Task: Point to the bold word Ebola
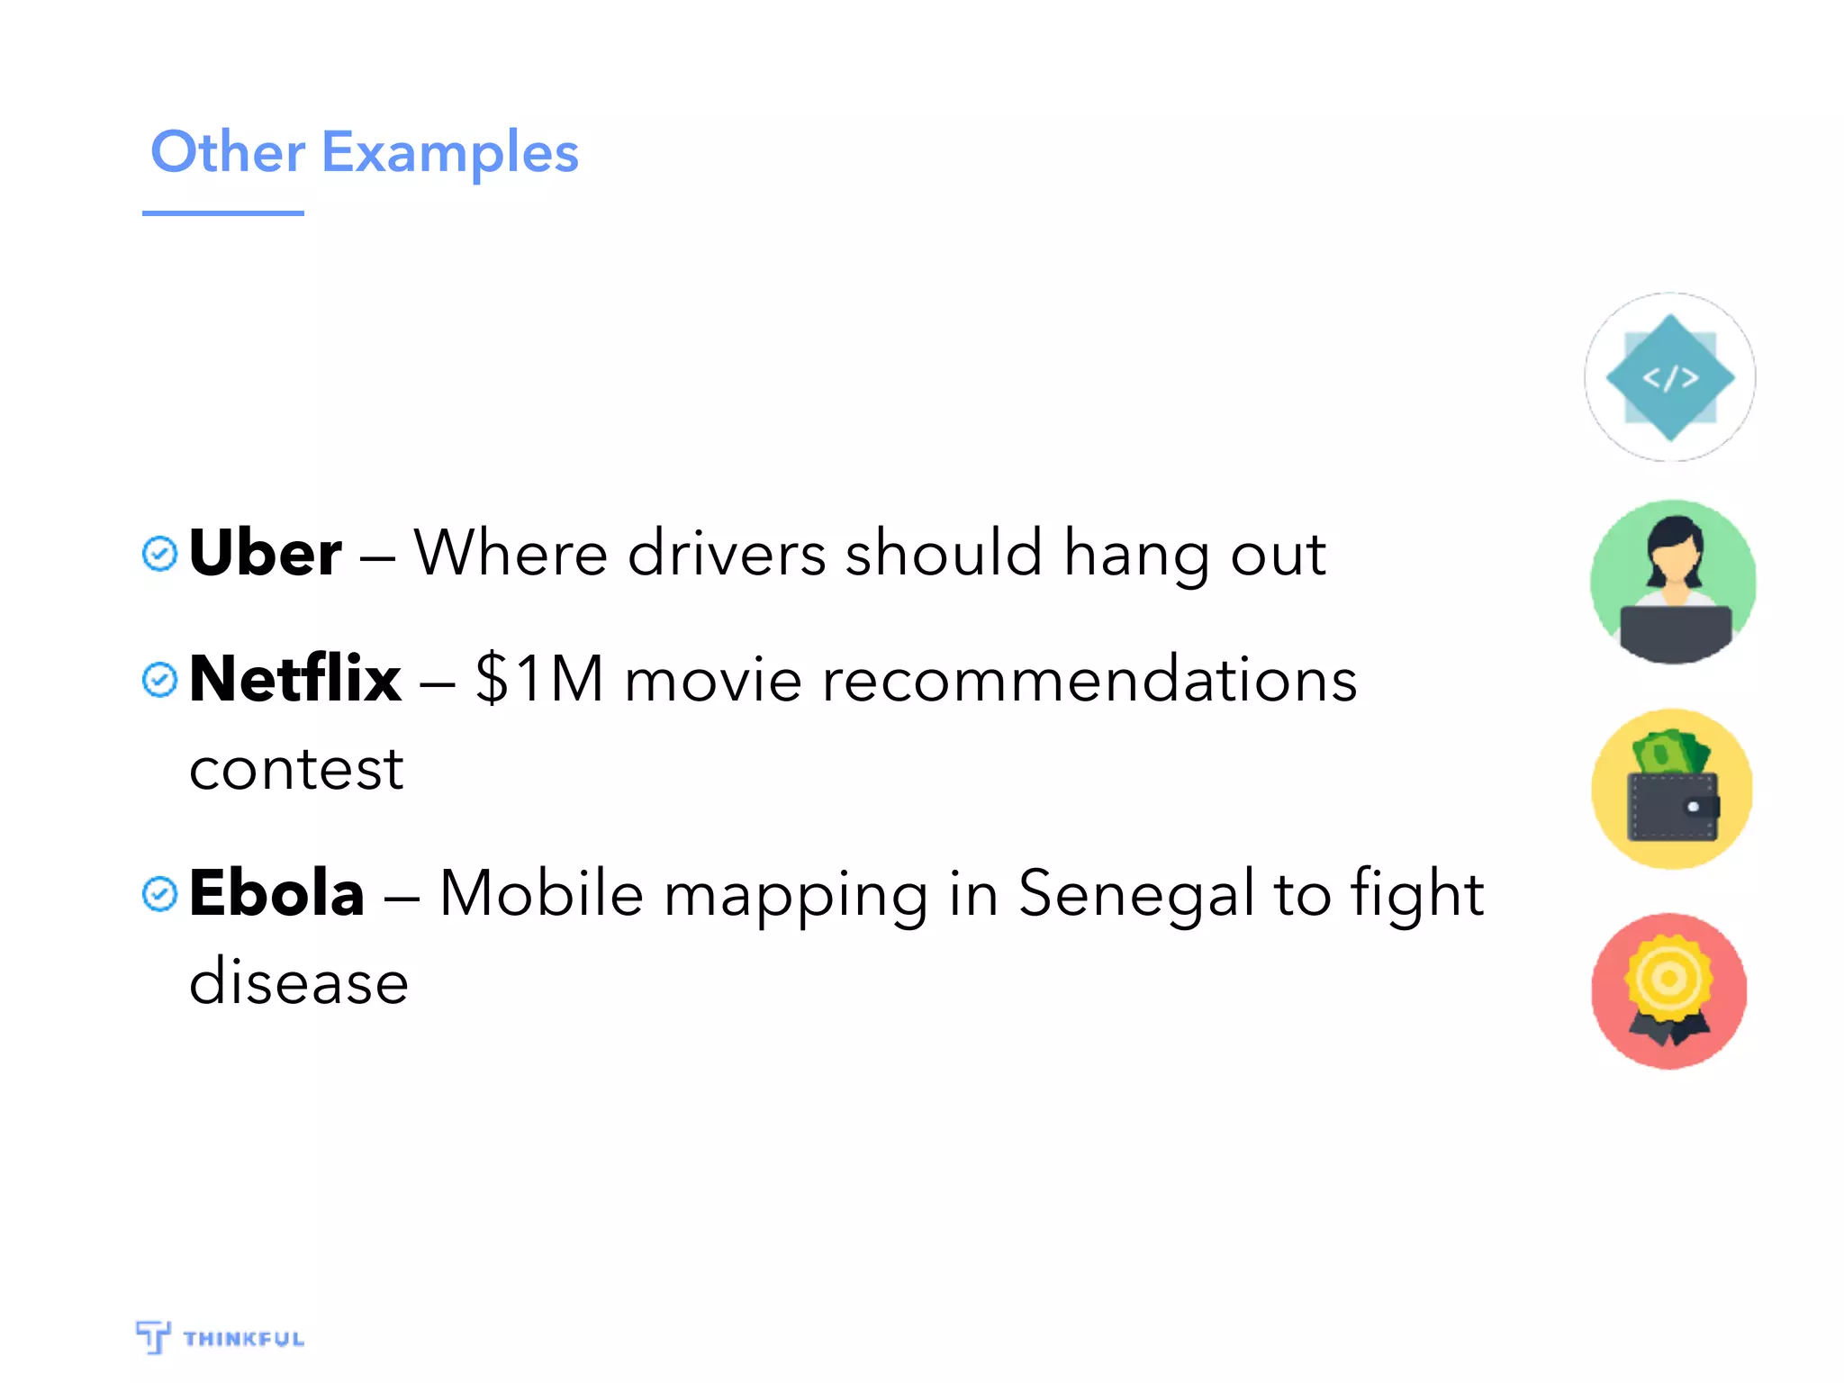tap(277, 893)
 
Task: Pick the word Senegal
tap(1136, 895)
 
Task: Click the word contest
tap(296, 770)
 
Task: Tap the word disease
tap(299, 981)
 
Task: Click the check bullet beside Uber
tap(160, 554)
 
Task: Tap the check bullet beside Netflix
tap(160, 680)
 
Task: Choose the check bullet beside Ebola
tap(160, 894)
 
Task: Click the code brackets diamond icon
tap(1670, 377)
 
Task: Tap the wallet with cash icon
tap(1672, 789)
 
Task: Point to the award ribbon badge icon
tap(1669, 990)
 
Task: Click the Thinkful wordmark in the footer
tap(243, 1339)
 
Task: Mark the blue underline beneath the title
tap(223, 213)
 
